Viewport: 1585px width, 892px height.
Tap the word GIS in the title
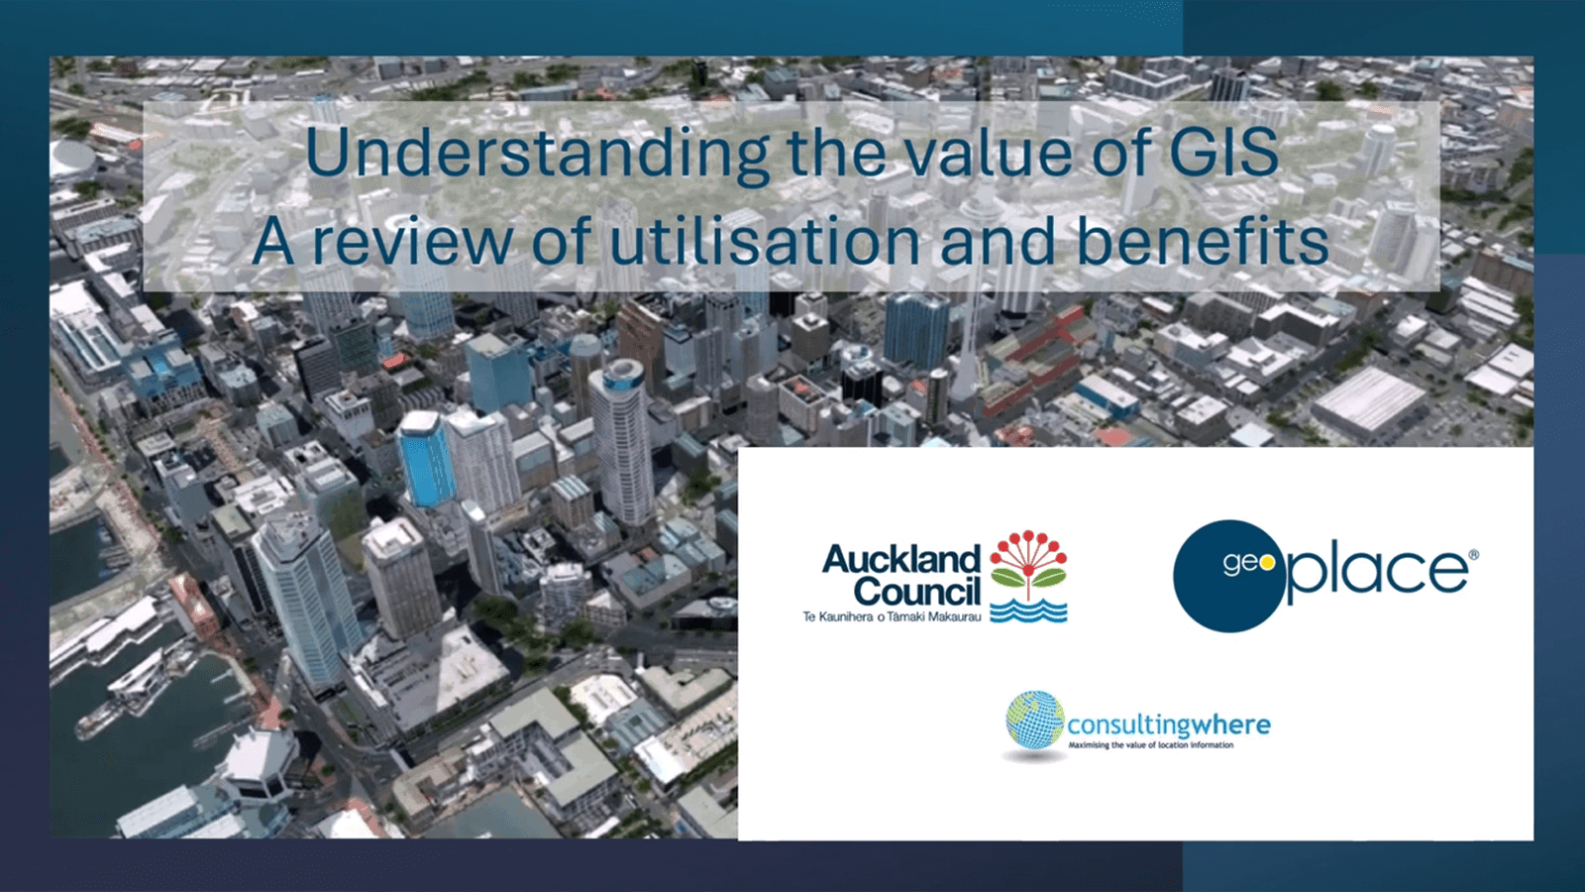(x=1224, y=152)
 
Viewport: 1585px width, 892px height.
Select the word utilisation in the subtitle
(x=765, y=240)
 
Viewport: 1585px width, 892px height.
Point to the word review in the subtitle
(x=412, y=240)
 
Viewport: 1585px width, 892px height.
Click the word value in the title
(x=990, y=152)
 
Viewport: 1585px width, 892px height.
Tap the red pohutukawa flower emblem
(x=1028, y=564)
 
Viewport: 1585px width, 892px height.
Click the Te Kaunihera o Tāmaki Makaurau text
(x=892, y=617)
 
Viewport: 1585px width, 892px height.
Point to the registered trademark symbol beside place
(x=1473, y=556)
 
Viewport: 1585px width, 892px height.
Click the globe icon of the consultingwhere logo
(x=1035, y=721)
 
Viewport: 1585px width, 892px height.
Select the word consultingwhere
(x=1169, y=725)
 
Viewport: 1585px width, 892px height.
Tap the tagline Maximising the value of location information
(x=1150, y=744)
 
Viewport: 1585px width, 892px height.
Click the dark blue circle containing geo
(x=1228, y=576)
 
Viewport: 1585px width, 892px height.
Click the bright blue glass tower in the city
(x=426, y=459)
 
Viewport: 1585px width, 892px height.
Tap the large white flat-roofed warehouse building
(x=1369, y=402)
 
